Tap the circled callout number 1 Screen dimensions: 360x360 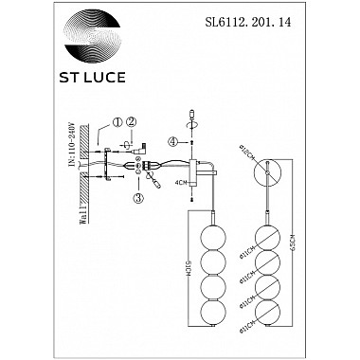tap(117, 122)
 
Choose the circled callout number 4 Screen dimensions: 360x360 tap(173, 143)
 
